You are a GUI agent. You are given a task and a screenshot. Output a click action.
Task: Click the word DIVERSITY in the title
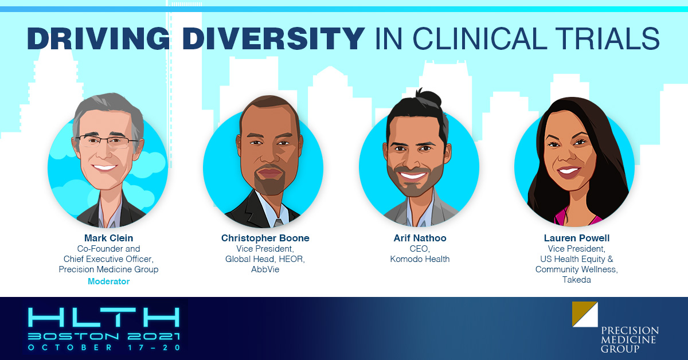273,39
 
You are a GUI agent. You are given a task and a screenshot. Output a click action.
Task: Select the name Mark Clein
109,238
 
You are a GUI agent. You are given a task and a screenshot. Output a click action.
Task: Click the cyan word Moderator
109,281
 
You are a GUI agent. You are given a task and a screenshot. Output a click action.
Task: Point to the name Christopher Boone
265,238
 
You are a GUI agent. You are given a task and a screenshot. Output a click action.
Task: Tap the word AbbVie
265,269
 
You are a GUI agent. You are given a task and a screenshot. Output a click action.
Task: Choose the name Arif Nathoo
420,238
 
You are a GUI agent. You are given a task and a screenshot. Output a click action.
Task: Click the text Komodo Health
420,259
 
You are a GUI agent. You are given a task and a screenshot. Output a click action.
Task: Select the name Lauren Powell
577,238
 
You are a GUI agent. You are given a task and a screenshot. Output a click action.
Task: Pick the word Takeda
577,280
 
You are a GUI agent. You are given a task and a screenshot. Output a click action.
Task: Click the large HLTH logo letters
104,318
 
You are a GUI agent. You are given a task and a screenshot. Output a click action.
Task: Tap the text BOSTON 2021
104,336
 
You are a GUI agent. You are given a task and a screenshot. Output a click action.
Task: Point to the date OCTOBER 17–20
104,347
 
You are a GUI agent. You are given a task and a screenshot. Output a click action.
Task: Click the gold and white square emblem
585,314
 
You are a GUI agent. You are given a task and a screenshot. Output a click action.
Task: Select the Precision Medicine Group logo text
630,340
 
